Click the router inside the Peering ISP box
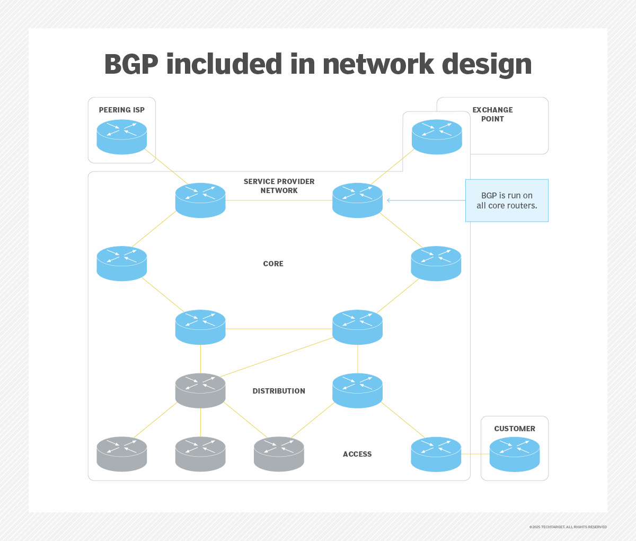122,137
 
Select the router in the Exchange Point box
437,137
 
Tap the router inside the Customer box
515,455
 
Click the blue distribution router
357,391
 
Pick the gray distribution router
200,391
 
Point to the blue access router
436,455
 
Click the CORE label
273,264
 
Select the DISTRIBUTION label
279,391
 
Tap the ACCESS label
357,454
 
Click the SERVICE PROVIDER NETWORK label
279,186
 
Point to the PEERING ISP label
121,110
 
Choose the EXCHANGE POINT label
492,114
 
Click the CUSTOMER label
515,429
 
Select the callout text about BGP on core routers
507,200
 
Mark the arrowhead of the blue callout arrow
388,200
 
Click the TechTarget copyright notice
568,527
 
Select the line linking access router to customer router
475,454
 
